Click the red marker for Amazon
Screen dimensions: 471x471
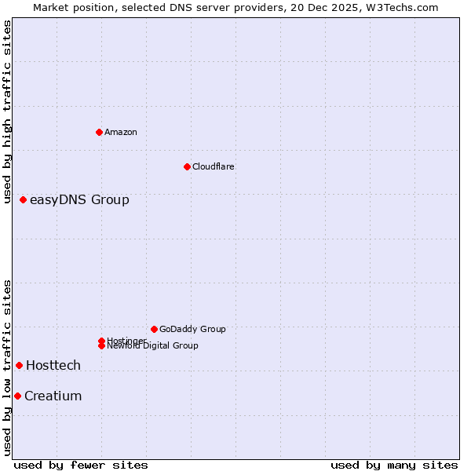[99, 132]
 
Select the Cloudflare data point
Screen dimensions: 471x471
[187, 166]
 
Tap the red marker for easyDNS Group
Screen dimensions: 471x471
[24, 200]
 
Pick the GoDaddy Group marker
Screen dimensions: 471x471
[154, 329]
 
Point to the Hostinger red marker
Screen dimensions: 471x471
[102, 341]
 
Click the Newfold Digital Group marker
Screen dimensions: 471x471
[102, 345]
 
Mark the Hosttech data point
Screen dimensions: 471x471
[20, 365]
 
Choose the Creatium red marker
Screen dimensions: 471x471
[17, 396]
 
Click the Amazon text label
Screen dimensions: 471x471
[121, 132]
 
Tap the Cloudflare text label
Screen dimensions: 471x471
[214, 166]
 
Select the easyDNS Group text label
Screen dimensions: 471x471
[79, 200]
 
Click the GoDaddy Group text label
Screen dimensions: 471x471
[192, 329]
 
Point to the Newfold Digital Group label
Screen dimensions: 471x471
[152, 346]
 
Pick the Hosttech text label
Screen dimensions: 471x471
[53, 365]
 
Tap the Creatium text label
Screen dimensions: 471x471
[53, 396]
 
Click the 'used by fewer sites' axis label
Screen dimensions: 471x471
[81, 465]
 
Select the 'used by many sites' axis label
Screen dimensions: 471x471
[394, 465]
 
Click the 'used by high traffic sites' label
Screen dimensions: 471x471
[7, 112]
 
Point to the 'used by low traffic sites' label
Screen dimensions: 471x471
[7, 367]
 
